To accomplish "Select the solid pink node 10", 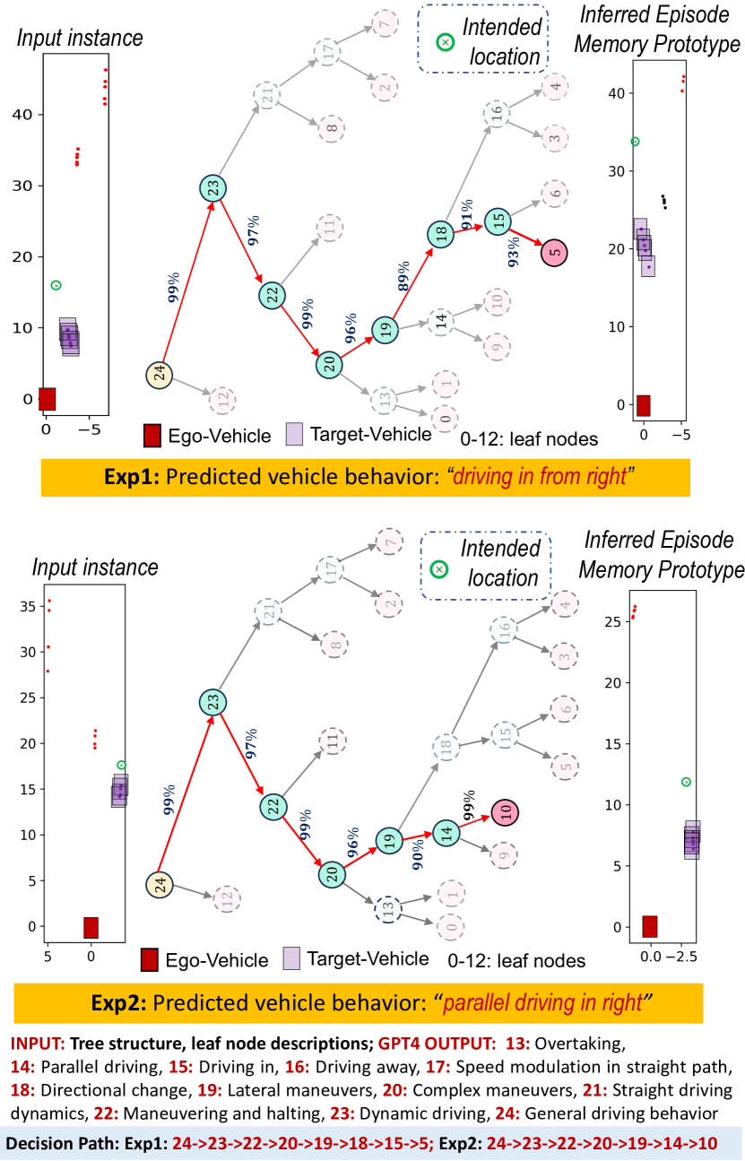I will coord(506,813).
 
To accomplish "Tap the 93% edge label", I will coord(514,253).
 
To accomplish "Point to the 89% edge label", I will coord(403,274).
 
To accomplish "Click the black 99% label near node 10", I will coord(466,800).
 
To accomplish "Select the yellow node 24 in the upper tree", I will coord(160,375).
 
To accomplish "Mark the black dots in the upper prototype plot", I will coord(663,201).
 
